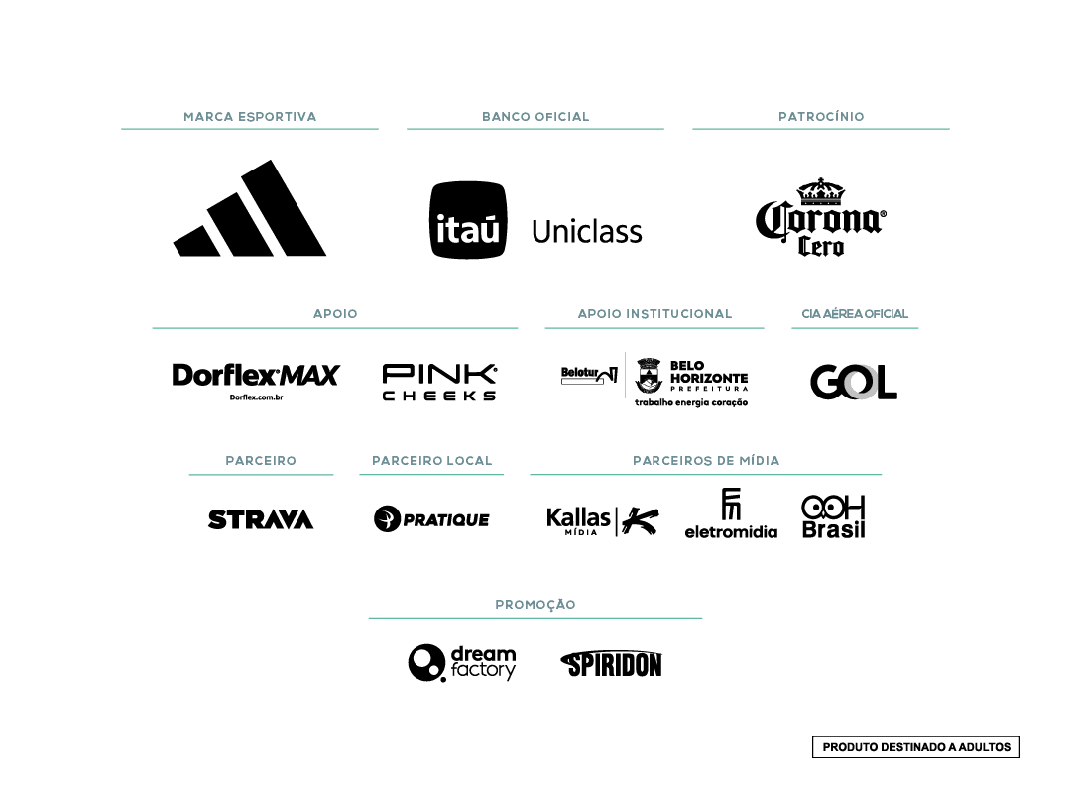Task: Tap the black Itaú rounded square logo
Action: (468, 220)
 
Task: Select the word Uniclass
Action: (587, 232)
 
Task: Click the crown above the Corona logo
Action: (820, 191)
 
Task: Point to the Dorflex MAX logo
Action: (256, 381)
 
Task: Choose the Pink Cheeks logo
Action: (439, 382)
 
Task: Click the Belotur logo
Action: (589, 375)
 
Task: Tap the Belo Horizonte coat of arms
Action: (649, 375)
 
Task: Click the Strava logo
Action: (261, 519)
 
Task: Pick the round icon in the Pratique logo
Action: (387, 519)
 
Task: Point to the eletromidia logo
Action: (731, 513)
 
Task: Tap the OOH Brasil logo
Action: (833, 516)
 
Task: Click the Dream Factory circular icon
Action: (426, 662)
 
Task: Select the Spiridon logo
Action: (611, 664)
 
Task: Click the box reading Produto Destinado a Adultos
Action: (916, 747)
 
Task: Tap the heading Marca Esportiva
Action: (250, 117)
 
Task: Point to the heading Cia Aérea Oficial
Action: (855, 314)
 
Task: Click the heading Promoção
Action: (535, 605)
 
